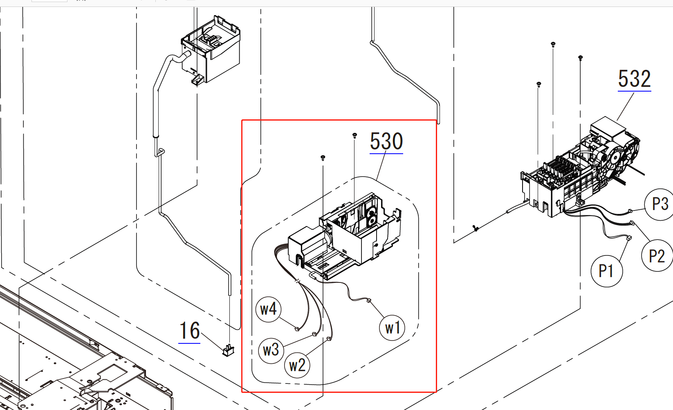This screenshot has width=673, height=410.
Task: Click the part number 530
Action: [x=386, y=141]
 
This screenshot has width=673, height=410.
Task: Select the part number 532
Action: [x=635, y=79]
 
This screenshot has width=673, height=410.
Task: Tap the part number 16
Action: [x=189, y=331]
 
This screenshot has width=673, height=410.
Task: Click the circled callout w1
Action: [x=392, y=328]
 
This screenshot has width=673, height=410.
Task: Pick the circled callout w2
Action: [x=297, y=365]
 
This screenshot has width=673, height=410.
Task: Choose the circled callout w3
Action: [x=271, y=350]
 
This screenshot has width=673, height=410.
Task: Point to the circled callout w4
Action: [x=268, y=309]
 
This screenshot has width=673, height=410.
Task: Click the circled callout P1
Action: [x=607, y=271]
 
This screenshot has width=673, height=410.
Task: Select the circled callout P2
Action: [x=657, y=255]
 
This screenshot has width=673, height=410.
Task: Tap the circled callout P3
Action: [x=660, y=204]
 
